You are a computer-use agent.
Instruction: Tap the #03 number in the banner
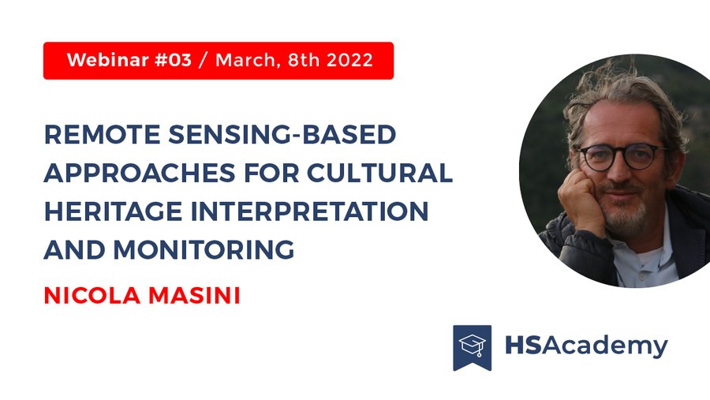pos(174,60)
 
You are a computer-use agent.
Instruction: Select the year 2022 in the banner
pos(349,60)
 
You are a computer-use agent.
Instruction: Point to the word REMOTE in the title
pos(103,135)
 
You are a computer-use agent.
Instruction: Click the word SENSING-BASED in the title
pos(282,135)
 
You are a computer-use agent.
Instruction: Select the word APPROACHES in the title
pos(140,173)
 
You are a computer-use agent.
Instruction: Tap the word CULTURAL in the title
pos(379,173)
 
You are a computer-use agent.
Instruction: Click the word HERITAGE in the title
pos(113,211)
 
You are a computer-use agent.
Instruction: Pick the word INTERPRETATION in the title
pos(309,211)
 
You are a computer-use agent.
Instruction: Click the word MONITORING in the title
pos(204,249)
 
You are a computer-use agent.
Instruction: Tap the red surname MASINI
pos(194,295)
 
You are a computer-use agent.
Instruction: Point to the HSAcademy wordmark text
pos(586,346)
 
